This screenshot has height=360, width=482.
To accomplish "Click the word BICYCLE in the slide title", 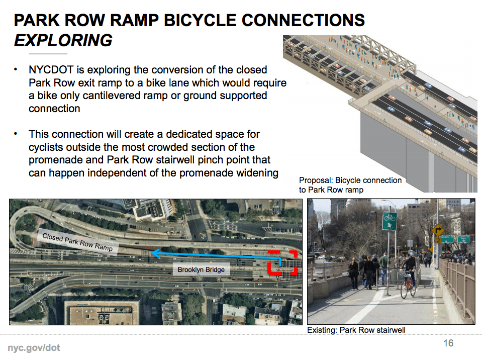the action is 201,21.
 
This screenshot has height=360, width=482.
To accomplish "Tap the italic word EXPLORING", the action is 63,41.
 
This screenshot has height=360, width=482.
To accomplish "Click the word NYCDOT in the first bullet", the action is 51,70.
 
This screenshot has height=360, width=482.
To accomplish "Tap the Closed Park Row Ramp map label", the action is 77,242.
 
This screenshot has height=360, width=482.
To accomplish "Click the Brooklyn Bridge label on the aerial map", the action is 201,269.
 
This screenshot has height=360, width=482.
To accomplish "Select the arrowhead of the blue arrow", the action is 155,253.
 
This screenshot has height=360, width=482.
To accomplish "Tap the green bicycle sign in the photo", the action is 390,221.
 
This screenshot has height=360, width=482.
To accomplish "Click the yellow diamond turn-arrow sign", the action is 438,230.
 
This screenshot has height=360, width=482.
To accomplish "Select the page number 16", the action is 448,343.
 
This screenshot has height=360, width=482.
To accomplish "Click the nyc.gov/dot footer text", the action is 34,348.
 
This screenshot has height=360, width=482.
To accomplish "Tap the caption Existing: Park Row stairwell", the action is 356,330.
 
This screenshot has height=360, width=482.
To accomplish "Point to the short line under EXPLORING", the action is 48,54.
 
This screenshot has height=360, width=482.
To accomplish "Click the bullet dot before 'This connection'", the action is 16,134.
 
